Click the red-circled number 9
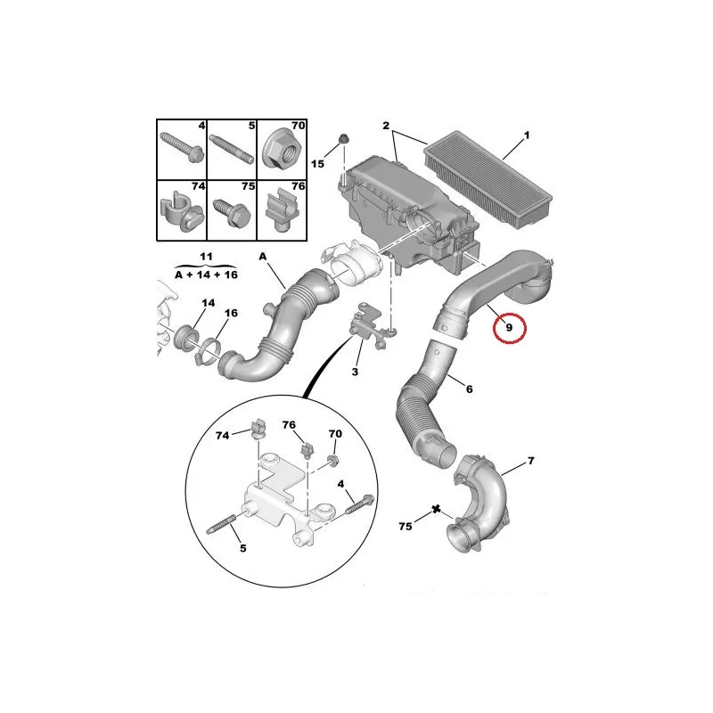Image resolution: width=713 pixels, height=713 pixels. [509, 327]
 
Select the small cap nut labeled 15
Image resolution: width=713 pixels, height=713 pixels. [343, 139]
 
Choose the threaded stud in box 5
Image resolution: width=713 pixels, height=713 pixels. [231, 148]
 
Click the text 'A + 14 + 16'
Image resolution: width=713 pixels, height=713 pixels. [206, 275]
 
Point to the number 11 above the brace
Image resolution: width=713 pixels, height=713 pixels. [206, 257]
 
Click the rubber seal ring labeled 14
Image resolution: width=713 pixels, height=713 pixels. [187, 339]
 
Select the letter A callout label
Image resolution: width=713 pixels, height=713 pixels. [263, 257]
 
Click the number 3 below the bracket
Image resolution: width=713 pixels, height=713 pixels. [355, 372]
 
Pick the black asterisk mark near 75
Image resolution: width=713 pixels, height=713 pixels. [436, 509]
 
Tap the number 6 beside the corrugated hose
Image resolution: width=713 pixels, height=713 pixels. [470, 389]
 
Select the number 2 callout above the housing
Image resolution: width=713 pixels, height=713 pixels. [386, 126]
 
